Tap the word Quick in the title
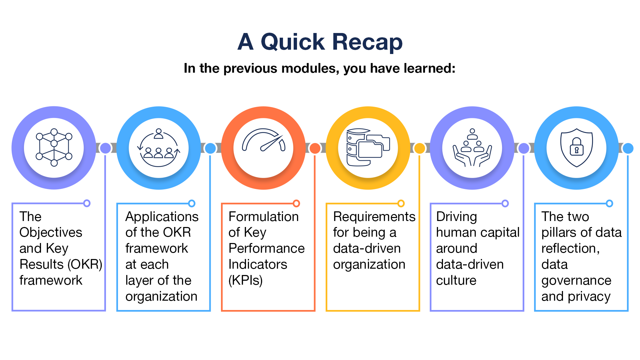[x=292, y=42]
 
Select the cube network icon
[x=54, y=147]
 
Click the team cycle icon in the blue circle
[x=159, y=148]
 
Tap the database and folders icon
[x=368, y=147]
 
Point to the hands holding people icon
[x=472, y=147]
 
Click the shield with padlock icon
[x=576, y=147]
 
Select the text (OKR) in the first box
[x=85, y=264]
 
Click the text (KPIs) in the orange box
[x=245, y=280]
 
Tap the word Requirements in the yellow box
[x=374, y=217]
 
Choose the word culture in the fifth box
[x=456, y=280]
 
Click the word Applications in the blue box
[x=162, y=217]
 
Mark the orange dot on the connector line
[x=315, y=148]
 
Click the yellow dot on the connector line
[x=419, y=148]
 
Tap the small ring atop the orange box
[x=296, y=203]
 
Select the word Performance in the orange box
[x=266, y=248]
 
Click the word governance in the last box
[x=576, y=280]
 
